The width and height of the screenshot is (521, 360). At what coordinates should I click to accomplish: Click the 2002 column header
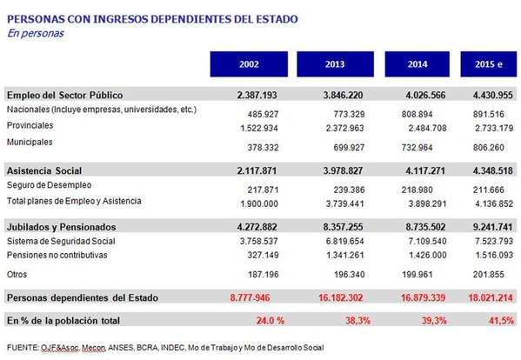click(249, 64)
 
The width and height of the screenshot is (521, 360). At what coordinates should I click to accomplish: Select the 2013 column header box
click(335, 64)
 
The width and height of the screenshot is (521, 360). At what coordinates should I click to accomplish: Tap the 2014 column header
click(417, 64)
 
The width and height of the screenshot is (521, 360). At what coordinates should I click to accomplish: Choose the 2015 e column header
click(489, 64)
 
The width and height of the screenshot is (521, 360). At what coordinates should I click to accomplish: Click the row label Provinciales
click(30, 125)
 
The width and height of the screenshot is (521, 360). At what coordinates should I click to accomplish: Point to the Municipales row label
click(30, 142)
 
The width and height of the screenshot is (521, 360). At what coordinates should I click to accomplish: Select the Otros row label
click(17, 274)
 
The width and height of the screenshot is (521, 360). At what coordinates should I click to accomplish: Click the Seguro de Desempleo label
click(50, 185)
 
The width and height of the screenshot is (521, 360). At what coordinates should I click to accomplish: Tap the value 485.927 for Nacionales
click(263, 114)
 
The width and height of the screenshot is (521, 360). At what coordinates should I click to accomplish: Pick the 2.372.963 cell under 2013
click(345, 128)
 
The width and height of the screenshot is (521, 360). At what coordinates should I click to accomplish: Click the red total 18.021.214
click(491, 297)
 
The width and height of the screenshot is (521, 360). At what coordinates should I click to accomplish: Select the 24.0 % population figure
click(271, 321)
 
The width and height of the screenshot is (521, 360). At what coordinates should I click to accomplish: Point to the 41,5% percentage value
click(501, 321)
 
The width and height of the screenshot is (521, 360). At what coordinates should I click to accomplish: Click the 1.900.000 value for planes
click(259, 203)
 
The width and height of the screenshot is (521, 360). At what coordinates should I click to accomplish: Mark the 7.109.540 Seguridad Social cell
click(427, 241)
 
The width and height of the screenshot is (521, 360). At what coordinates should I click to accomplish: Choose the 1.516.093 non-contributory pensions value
click(494, 255)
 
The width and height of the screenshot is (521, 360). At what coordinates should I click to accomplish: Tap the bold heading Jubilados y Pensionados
click(62, 227)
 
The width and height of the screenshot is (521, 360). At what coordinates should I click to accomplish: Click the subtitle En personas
click(36, 33)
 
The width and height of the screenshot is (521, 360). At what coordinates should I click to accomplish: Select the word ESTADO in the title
click(277, 19)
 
